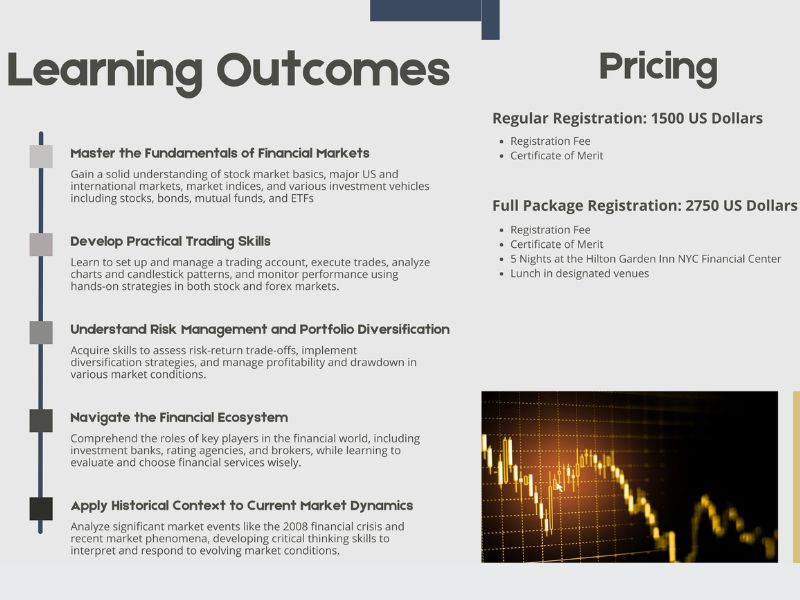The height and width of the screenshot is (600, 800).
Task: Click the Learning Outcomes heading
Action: [x=228, y=71]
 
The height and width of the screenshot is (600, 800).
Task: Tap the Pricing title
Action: [x=658, y=68]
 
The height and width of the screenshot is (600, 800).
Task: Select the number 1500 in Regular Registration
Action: [x=667, y=118]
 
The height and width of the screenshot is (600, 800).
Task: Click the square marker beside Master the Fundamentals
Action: [x=41, y=156]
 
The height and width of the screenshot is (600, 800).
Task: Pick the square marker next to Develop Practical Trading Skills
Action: [x=41, y=244]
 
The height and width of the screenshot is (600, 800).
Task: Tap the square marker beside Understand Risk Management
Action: [x=41, y=333]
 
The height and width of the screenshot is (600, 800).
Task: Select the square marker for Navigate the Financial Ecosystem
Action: [x=41, y=421]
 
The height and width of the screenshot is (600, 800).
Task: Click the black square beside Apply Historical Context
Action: [x=41, y=509]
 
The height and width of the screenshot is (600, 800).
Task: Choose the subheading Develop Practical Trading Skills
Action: [x=170, y=241]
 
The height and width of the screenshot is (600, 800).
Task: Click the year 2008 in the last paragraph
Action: [x=295, y=527]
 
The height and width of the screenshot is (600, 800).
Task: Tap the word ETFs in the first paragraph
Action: [x=302, y=198]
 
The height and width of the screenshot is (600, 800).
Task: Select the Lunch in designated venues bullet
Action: [x=580, y=273]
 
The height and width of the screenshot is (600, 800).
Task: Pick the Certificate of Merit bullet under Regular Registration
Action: [x=557, y=156]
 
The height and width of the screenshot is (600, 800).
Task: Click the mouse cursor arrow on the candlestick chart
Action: [x=558, y=486]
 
